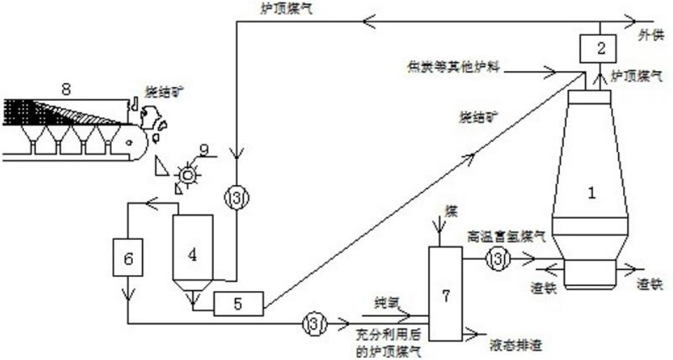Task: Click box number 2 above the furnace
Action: [x=599, y=49]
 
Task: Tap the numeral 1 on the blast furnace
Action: [x=591, y=193]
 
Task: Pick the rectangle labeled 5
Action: [x=238, y=303]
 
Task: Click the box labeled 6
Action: [x=128, y=259]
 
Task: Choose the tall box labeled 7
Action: [x=444, y=296]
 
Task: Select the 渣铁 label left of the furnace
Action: [x=542, y=287]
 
